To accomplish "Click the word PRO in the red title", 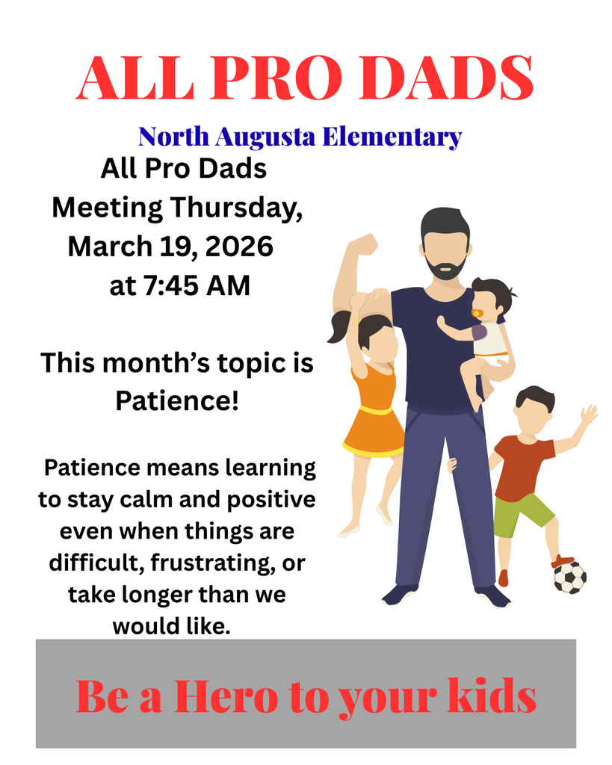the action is point(276,78).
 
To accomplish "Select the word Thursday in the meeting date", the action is point(236,208).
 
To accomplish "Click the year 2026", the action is point(239,246).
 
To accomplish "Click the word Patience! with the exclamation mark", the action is point(177,401).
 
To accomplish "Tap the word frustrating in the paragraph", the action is point(210,563).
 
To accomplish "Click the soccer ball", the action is point(569,577).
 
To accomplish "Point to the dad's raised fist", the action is point(365,244).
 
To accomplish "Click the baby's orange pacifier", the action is point(476,313).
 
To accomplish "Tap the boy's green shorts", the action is point(522,515).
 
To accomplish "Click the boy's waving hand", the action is point(589,415).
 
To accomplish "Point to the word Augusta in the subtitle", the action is point(265,138).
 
